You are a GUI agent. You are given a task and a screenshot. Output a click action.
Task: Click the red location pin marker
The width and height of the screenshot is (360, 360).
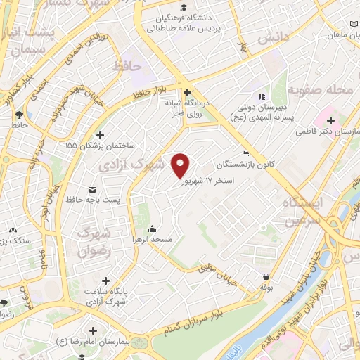181,165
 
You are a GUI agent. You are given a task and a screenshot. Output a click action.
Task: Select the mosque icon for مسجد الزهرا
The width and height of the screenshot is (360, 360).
153,229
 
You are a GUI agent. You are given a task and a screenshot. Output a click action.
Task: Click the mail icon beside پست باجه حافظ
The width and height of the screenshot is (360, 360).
92,189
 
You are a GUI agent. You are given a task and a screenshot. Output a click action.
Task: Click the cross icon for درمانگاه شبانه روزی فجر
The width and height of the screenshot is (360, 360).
187,92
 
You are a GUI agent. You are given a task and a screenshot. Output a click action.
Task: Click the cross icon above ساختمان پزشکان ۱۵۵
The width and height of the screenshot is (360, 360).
99,134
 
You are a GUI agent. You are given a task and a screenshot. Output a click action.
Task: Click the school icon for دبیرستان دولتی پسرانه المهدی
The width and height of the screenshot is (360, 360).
261,96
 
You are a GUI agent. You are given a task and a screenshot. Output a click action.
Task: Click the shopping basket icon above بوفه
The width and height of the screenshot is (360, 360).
266,277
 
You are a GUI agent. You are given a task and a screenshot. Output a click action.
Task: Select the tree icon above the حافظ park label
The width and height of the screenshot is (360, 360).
19,114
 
